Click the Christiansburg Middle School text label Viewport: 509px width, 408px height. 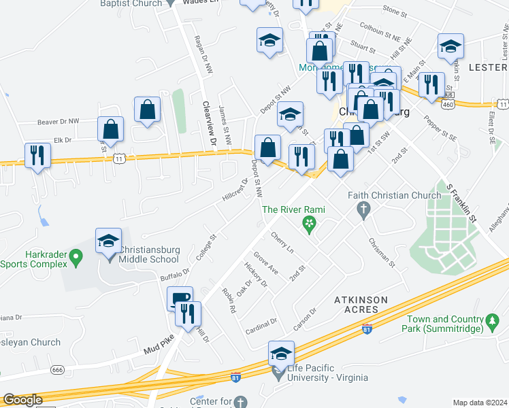point(150,254)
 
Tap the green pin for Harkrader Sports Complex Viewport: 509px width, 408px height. point(76,257)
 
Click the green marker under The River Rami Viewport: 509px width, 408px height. point(310,223)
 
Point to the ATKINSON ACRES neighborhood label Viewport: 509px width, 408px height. point(361,304)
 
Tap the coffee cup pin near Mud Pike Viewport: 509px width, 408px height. point(180,298)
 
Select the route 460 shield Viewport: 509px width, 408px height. point(447,105)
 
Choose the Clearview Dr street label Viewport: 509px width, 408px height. point(208,124)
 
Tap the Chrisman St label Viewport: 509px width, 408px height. point(380,252)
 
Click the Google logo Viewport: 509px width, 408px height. point(23,400)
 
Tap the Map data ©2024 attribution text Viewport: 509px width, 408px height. point(480,403)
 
